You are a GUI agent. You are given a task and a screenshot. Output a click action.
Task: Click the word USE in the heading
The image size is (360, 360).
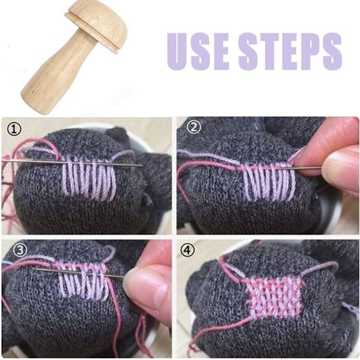(198, 51)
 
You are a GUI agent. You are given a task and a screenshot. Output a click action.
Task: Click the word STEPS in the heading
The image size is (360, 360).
(290, 51)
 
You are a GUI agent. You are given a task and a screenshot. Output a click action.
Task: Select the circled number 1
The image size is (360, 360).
(14, 129)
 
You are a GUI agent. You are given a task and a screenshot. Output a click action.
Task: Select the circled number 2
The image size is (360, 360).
(194, 127)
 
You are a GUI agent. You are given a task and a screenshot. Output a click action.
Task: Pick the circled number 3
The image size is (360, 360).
(20, 250)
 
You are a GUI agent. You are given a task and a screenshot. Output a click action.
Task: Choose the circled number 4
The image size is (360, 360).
(188, 250)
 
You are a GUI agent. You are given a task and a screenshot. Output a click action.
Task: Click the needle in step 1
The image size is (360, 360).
(73, 163)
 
